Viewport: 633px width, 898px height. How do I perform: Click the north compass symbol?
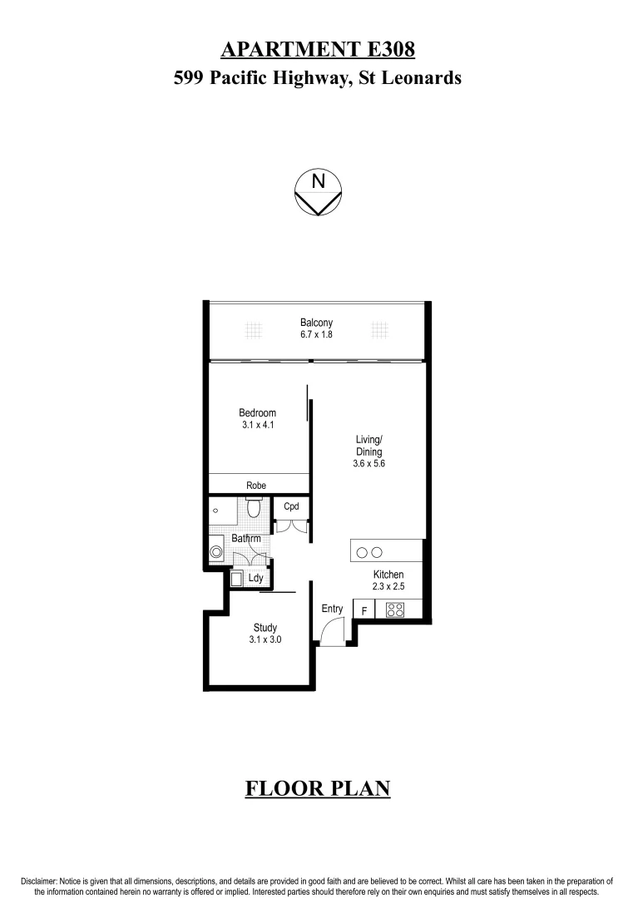tap(317, 193)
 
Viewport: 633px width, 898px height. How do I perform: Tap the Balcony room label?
tap(316, 323)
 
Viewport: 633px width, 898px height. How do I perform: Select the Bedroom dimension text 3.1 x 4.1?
tap(257, 425)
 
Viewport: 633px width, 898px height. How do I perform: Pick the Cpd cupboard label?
tap(291, 506)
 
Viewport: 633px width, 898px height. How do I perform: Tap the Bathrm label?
tap(245, 539)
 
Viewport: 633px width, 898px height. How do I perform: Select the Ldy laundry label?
tap(255, 577)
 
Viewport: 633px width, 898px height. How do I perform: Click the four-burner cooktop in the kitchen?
tap(395, 609)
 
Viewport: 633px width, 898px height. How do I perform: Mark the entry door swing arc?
tap(330, 634)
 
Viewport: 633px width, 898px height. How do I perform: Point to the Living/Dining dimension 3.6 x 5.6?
tap(368, 465)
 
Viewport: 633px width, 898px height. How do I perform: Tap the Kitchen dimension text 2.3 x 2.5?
tap(388, 587)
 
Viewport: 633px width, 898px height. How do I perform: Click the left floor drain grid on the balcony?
tap(253, 330)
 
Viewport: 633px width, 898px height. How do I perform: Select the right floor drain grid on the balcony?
tap(379, 330)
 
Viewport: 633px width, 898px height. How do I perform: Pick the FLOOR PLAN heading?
tap(317, 788)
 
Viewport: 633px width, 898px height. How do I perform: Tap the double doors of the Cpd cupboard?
tap(292, 525)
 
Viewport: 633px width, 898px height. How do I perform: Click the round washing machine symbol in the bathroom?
tap(217, 551)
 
